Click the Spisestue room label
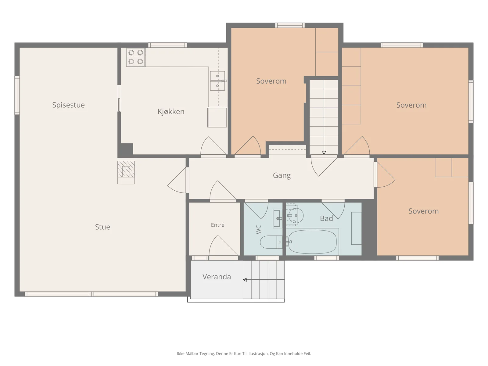click(69, 105)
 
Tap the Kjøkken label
click(171, 111)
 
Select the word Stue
click(102, 227)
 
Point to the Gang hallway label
click(282, 176)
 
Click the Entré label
click(218, 225)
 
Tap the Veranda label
click(217, 277)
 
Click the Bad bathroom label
click(326, 218)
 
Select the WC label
click(258, 230)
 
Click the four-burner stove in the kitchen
click(136, 57)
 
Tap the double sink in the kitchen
click(218, 81)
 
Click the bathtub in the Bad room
click(312, 242)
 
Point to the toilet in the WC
click(271, 242)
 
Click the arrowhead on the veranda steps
click(245, 280)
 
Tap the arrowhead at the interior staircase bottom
click(324, 153)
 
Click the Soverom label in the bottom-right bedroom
click(424, 211)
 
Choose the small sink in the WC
click(278, 218)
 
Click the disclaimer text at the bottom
click(244, 353)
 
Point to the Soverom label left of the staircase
click(271, 81)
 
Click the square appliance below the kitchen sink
click(217, 117)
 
